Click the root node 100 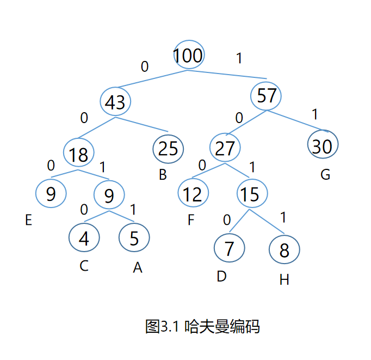(x=188, y=55)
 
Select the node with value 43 (x=115, y=102)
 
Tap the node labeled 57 (x=267, y=96)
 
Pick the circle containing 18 (x=79, y=154)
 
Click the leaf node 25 (x=169, y=148)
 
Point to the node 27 (x=225, y=148)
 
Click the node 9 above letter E (x=51, y=193)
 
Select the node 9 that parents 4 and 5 (x=109, y=195)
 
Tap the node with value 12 (x=193, y=193)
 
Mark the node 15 (x=251, y=193)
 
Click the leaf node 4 (x=84, y=237)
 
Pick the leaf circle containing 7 (x=229, y=248)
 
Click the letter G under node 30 (x=325, y=175)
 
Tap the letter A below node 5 (x=138, y=268)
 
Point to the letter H (x=284, y=280)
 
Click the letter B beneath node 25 (x=163, y=175)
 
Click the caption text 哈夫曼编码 (x=222, y=327)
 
